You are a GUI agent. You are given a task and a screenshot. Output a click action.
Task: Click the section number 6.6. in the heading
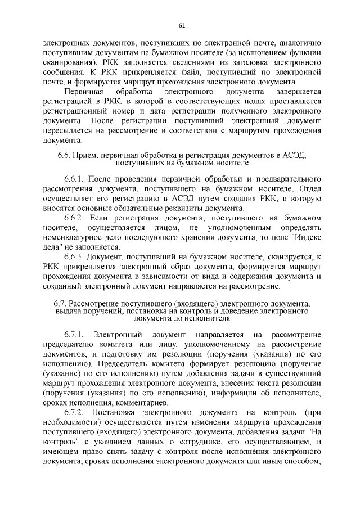pos(64,155)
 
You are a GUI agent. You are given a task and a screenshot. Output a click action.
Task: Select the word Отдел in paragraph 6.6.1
pos(310,188)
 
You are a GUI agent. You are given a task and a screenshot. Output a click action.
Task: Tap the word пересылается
pos(68,130)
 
